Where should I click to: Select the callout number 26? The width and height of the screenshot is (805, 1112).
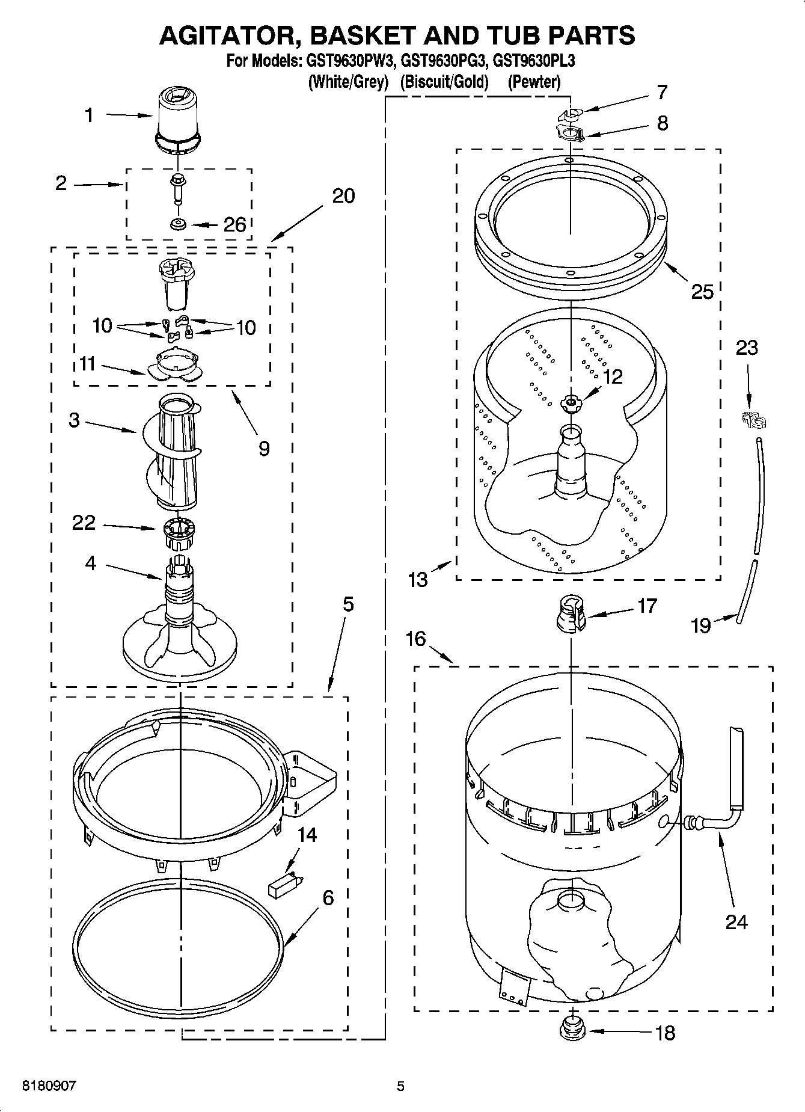[x=234, y=225]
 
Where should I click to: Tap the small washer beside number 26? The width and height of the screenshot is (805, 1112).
[x=177, y=224]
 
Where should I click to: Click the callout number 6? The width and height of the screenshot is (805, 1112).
[x=328, y=898]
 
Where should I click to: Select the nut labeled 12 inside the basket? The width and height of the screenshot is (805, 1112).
[x=569, y=403]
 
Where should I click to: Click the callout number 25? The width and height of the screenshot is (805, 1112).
[x=702, y=292]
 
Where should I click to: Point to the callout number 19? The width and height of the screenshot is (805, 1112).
[x=701, y=626]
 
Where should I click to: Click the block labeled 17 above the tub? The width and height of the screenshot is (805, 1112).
[x=570, y=615]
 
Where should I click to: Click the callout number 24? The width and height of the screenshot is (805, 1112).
[x=736, y=921]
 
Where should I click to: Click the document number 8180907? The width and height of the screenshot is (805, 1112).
[x=49, y=1086]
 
